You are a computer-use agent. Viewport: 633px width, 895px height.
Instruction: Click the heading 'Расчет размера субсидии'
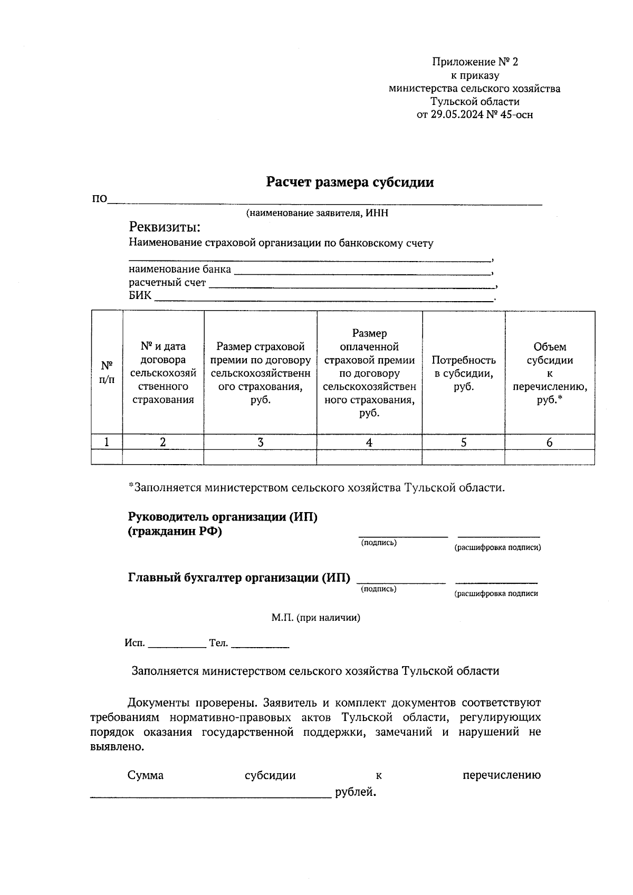[350, 182]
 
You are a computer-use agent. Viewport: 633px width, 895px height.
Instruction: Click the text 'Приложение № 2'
[475, 62]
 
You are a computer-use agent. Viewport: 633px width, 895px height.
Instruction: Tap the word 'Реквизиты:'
[165, 227]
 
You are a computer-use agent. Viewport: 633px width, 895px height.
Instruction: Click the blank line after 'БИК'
[323, 299]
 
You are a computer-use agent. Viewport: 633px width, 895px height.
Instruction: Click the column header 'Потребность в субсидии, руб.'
[464, 373]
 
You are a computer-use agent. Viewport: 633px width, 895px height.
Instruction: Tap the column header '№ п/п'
[107, 372]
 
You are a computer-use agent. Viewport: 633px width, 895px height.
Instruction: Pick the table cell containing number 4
[369, 442]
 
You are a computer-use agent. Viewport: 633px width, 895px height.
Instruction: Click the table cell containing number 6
[550, 442]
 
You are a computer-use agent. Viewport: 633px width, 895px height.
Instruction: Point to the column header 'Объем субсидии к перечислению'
[550, 373]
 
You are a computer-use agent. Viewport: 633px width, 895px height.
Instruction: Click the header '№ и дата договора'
[163, 373]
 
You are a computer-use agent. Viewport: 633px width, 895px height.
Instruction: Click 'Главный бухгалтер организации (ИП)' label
[239, 578]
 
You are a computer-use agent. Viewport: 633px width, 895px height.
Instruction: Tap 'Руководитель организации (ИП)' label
[223, 517]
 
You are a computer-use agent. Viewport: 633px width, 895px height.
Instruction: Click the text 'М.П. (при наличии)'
[316, 618]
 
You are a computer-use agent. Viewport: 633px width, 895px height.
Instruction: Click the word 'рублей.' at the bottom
[356, 792]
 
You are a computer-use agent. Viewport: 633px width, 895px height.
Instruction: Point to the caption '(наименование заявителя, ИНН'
[316, 213]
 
